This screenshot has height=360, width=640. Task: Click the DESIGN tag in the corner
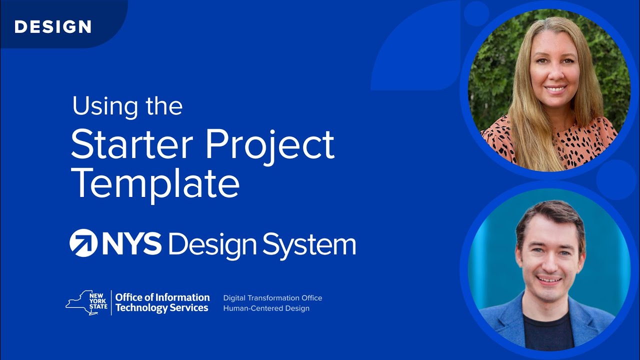tap(52, 26)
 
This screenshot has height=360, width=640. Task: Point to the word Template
tap(155, 184)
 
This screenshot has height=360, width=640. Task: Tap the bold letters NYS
tap(132, 243)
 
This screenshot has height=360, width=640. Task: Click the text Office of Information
tap(162, 297)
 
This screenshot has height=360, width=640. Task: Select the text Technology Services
tap(161, 308)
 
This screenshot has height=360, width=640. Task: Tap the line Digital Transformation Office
tap(272, 298)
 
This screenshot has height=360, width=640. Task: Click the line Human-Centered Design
tap(266, 308)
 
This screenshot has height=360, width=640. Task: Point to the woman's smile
tap(555, 89)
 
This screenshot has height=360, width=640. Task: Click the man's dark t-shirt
tap(548, 332)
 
